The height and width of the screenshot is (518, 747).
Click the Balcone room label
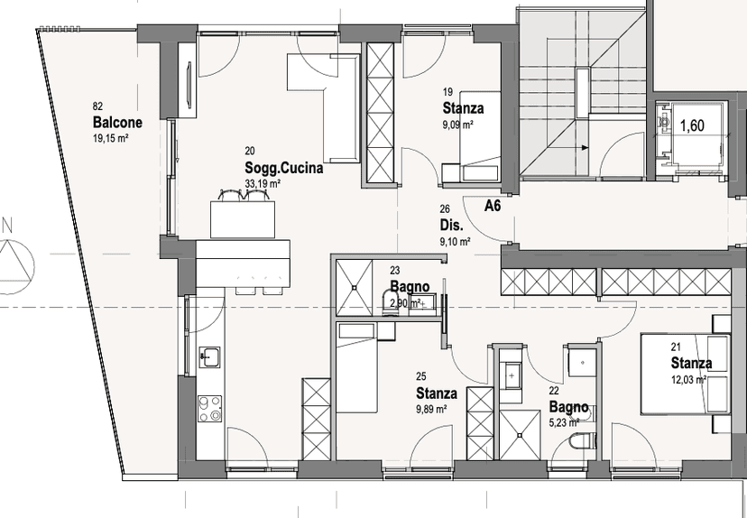coord(117,123)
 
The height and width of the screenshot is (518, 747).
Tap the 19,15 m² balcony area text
coord(112,138)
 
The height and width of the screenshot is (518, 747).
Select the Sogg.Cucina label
coord(284,168)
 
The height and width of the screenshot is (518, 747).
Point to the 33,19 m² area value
coord(263,183)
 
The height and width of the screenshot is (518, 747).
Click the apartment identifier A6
coord(493,206)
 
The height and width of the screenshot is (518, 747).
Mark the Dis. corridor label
coord(452,225)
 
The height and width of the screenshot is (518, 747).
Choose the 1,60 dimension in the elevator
coord(692,125)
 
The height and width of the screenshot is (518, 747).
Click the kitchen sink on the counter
coord(209,356)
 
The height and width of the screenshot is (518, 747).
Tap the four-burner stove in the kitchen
coord(210,409)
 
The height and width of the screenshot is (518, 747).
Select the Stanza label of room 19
coord(463,108)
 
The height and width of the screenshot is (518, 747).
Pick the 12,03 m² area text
coord(688,380)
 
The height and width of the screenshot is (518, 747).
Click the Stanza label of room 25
coord(437,393)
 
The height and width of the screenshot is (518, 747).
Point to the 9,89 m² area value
coord(431,409)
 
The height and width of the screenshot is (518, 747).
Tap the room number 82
coord(97,106)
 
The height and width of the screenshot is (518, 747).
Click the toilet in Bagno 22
coord(584,440)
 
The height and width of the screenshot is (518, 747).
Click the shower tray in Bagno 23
coord(354,287)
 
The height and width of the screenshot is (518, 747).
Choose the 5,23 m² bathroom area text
coord(564,422)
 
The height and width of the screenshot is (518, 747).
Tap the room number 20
coord(250,151)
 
